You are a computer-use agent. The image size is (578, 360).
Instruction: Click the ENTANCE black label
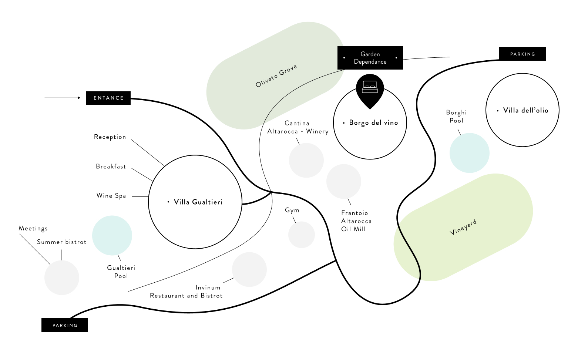108,98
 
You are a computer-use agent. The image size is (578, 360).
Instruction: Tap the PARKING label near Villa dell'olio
522,54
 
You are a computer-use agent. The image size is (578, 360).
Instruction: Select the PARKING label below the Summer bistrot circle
65,325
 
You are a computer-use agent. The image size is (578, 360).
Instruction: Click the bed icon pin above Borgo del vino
370,89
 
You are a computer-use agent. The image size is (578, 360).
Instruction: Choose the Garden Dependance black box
370,58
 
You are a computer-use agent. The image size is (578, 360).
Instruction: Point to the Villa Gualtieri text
198,202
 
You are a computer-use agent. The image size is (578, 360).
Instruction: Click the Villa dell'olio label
525,110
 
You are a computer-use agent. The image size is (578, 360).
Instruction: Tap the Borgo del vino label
373,122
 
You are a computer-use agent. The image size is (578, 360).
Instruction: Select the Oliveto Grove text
276,76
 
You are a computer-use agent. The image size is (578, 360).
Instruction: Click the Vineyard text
463,227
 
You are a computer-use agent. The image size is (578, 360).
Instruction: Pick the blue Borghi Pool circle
469,153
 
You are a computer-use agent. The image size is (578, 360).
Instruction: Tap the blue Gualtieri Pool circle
112,235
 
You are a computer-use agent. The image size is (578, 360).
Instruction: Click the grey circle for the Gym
302,235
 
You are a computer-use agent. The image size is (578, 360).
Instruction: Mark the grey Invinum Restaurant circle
249,269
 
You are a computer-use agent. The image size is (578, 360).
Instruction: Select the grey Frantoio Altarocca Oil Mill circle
344,181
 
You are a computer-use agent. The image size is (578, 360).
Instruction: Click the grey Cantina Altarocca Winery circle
306,160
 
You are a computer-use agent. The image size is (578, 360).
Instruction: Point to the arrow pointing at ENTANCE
62,98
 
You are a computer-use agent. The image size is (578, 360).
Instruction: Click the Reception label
110,137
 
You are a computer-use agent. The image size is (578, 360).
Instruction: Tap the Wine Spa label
111,196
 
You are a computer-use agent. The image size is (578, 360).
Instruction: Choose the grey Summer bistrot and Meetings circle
62,277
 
